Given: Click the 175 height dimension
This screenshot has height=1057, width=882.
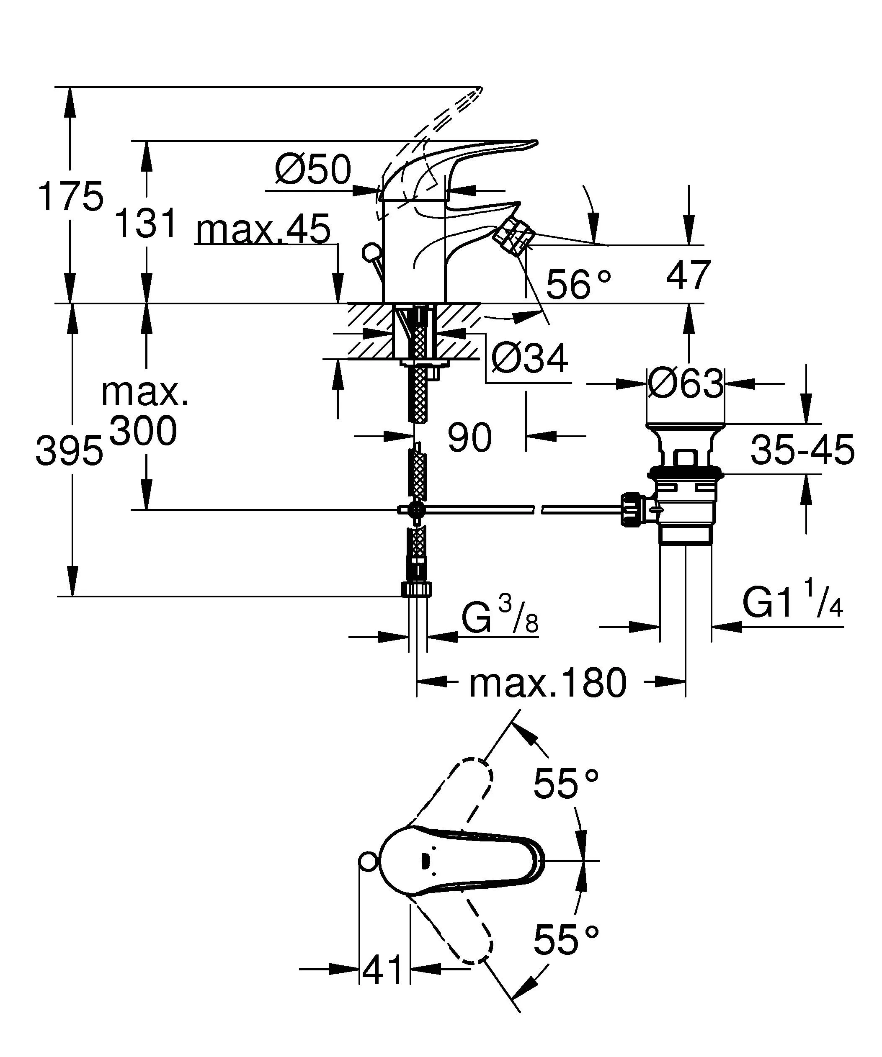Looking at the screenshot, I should (71, 196).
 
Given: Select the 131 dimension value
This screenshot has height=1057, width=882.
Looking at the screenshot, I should (147, 222).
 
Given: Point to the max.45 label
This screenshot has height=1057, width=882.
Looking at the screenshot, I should (263, 229).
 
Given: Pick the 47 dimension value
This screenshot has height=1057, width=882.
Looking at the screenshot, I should (688, 275).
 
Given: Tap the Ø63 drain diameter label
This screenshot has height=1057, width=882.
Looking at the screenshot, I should (686, 384).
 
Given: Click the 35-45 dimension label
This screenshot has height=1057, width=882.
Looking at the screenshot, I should (802, 450).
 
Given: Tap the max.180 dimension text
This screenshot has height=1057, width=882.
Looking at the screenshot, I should (548, 683).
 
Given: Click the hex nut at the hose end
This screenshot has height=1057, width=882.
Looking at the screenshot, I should (417, 589).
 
